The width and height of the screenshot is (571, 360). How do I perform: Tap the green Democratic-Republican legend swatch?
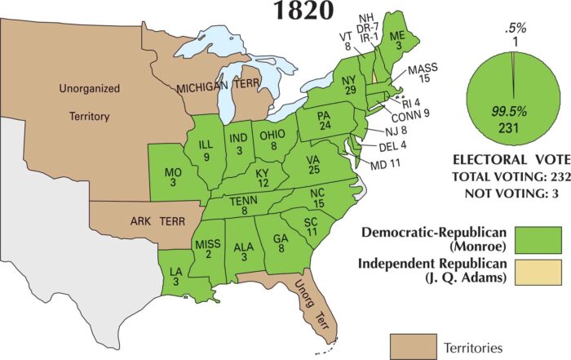tap(538, 238)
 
